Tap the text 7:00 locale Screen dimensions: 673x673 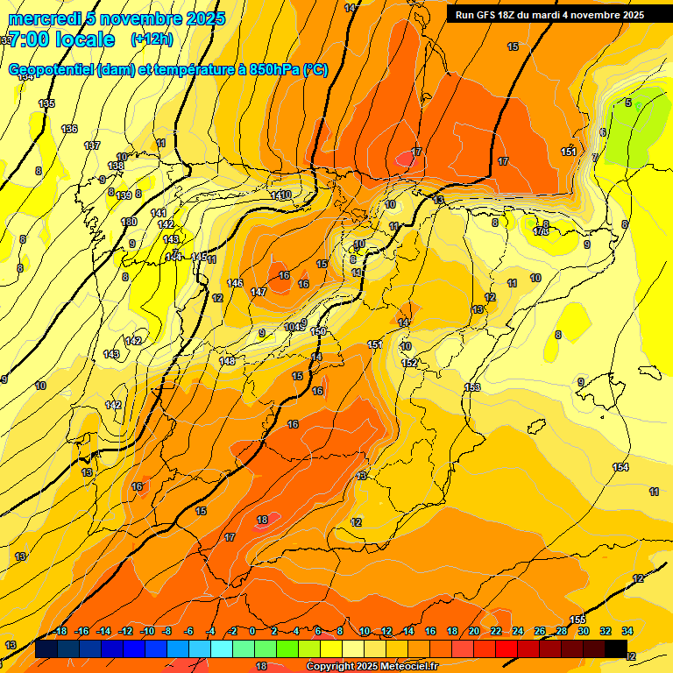61,39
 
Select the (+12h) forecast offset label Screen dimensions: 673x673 152,39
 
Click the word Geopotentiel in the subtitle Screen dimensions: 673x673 52,70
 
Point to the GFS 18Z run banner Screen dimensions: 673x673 549,14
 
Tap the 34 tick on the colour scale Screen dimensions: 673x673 627,631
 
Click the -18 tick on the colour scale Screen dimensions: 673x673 60,631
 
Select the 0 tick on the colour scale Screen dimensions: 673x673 252,631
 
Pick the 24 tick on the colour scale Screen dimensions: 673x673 518,631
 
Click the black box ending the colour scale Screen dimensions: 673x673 615,648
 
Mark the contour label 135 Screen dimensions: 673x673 46,103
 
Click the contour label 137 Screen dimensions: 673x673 92,145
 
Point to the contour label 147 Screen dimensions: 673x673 259,292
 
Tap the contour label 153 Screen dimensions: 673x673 472,387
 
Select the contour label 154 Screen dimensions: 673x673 620,467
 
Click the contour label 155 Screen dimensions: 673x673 577,620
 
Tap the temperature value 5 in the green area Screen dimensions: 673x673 627,103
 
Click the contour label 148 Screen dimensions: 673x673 227,361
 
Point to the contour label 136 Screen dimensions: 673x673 69,129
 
